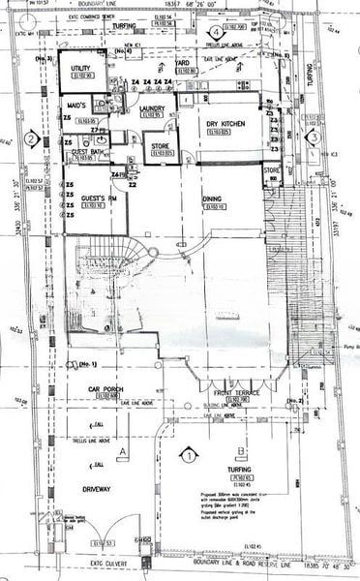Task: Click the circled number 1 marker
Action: tap(189, 453)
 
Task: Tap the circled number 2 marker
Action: tap(31, 139)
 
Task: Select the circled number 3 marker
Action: tap(315, 138)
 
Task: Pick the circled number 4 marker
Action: tap(213, 32)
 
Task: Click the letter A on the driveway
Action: tap(122, 451)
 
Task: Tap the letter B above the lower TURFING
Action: tap(238, 451)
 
